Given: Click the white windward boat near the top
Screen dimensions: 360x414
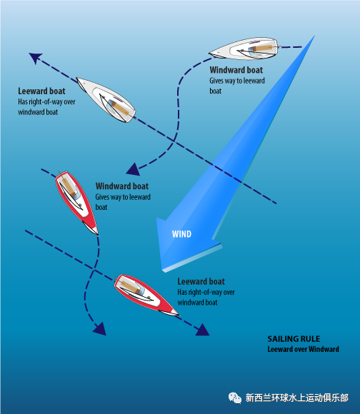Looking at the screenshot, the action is [x=244, y=49].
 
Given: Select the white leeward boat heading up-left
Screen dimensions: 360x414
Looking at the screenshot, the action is [x=106, y=100].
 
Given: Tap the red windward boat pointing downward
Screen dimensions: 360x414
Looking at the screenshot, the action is [x=76, y=203].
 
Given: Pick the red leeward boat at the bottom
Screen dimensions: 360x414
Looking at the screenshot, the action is [x=146, y=295].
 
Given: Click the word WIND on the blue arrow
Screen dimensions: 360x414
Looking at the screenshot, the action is [x=181, y=234].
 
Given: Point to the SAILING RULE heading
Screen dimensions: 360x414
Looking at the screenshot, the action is [x=294, y=339].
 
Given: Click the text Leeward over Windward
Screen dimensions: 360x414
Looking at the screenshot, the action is [x=303, y=349].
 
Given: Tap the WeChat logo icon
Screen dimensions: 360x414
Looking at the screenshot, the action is [x=234, y=398].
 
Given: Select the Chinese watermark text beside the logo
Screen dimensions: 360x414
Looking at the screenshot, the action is [x=297, y=398].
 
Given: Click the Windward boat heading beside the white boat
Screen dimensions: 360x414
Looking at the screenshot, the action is [x=236, y=70].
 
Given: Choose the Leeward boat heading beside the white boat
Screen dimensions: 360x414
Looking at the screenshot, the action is [x=41, y=91].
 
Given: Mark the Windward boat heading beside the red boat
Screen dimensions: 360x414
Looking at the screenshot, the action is [x=122, y=186].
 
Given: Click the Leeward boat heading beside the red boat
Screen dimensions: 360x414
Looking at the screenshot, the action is [x=201, y=281].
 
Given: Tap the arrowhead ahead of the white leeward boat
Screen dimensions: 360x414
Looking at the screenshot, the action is [x=36, y=58].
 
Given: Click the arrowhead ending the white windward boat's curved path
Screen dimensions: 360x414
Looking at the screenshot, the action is [x=134, y=169].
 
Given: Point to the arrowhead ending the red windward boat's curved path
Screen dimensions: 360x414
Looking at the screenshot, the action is [x=101, y=329].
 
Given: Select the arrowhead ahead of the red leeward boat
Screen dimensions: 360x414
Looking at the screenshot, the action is [x=203, y=330].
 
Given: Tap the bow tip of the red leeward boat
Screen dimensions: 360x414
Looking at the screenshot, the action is [x=179, y=315].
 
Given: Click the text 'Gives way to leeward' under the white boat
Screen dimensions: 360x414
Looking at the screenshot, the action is [x=237, y=81].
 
